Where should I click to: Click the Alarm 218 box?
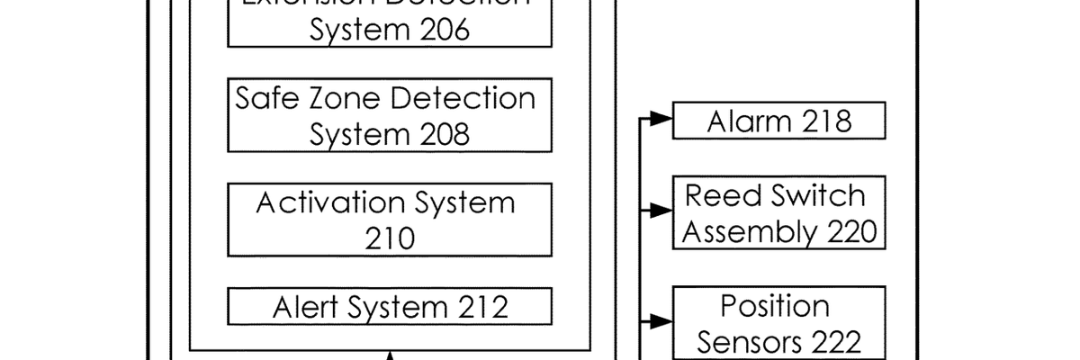779,121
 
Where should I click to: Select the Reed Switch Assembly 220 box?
779,212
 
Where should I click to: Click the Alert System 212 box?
390,308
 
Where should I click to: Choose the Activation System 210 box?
390,220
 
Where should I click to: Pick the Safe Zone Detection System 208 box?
390,115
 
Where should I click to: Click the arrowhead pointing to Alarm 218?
661,118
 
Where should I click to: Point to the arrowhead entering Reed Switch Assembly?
661,211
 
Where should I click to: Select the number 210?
390,238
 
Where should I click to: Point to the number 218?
820,121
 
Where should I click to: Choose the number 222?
830,343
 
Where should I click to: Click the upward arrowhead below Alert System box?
390,355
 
